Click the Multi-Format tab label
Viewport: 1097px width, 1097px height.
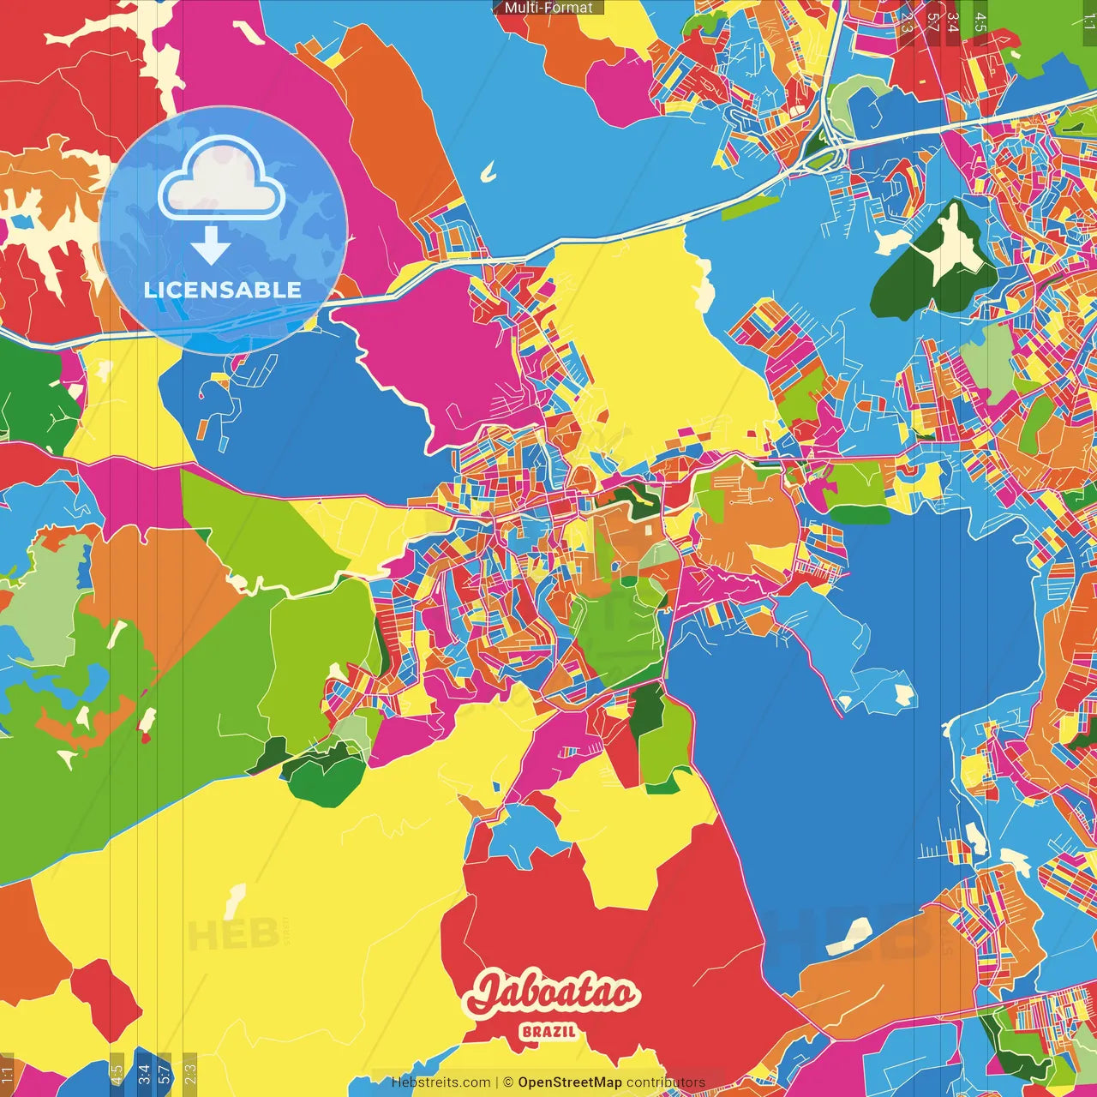(x=548, y=8)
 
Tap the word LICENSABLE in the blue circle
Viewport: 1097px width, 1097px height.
(x=223, y=290)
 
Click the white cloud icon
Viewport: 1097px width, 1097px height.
(x=222, y=179)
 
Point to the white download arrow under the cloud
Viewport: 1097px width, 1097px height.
(x=211, y=246)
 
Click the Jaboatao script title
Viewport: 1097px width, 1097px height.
(x=553, y=994)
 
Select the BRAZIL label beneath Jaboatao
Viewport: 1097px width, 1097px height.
(x=549, y=1031)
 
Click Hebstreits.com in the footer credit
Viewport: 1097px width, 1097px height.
(x=441, y=1082)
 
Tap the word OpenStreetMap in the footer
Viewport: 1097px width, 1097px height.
(x=570, y=1082)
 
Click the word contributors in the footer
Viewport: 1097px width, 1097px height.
(x=666, y=1082)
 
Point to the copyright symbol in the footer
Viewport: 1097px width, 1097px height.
(x=507, y=1082)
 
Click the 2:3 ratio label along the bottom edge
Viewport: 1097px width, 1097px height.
(x=190, y=1070)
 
